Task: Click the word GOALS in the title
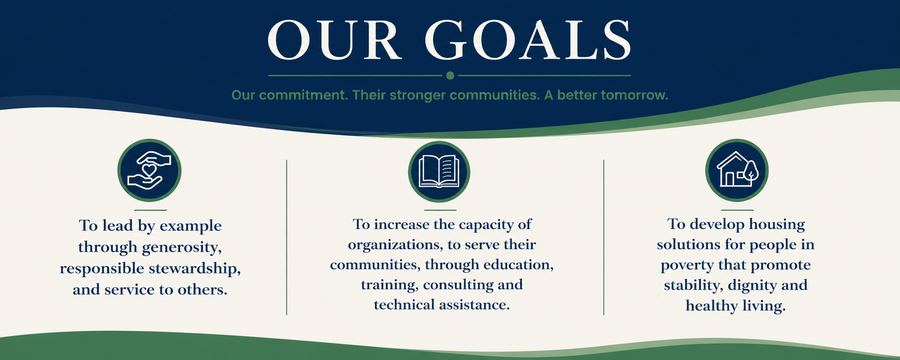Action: tap(528, 40)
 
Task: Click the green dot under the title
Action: tap(450, 75)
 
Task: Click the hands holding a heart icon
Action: tap(149, 170)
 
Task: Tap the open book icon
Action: tap(439, 171)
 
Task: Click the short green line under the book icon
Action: tap(440, 210)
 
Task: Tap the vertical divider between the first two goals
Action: tap(287, 237)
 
